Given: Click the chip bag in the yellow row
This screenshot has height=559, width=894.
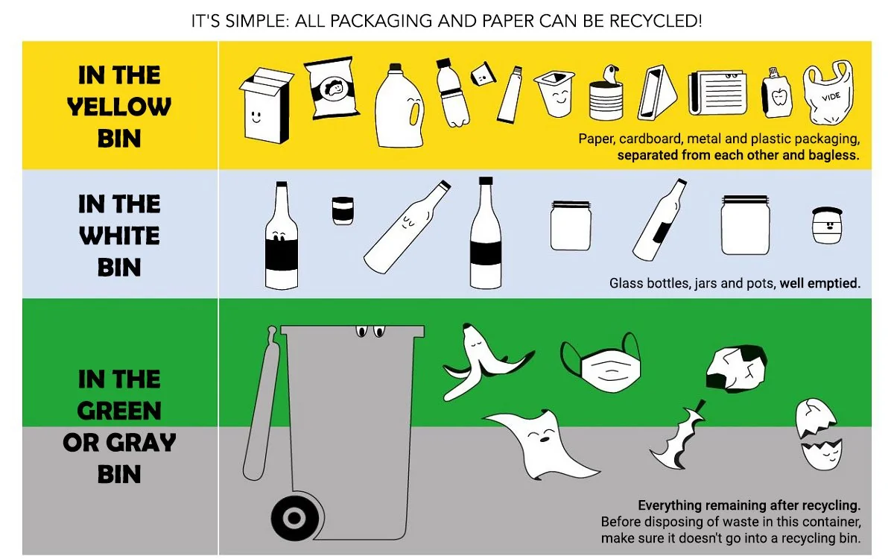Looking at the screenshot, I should pyautogui.click(x=332, y=89).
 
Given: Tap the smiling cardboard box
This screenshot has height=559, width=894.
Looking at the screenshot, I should pyautogui.click(x=266, y=105).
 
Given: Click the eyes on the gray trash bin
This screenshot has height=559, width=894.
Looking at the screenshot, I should pyautogui.click(x=369, y=330).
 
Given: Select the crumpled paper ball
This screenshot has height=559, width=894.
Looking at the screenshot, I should pyautogui.click(x=736, y=368).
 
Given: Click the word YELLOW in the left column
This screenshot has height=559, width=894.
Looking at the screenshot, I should pyautogui.click(x=119, y=107).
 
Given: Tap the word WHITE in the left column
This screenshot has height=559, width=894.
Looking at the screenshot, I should pyautogui.click(x=119, y=236).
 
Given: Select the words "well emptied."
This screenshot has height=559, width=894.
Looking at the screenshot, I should pyautogui.click(x=819, y=283).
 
